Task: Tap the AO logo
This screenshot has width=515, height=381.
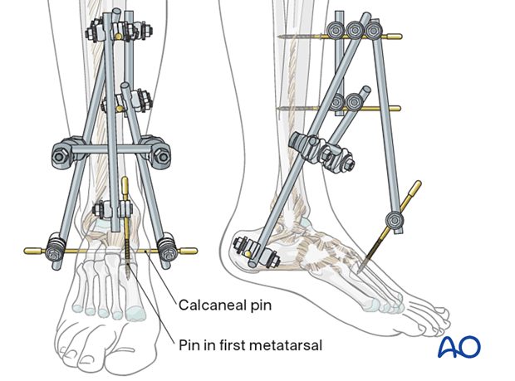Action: coord(459,346)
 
